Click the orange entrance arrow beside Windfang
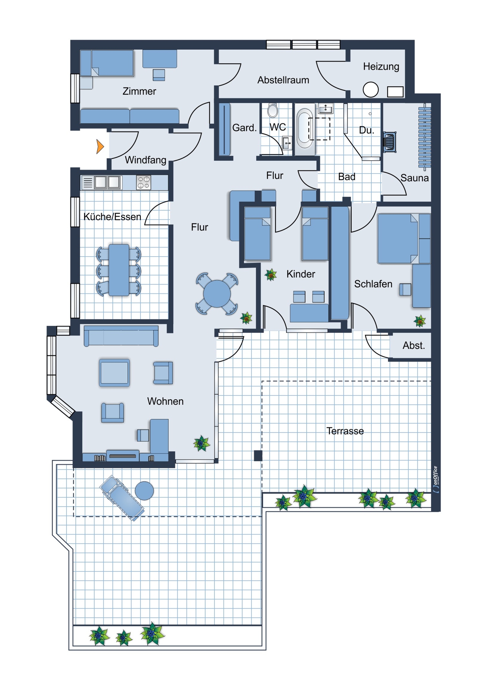tap(100, 146)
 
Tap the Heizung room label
tap(381, 67)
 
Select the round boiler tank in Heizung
tap(371, 90)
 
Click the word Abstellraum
tap(283, 80)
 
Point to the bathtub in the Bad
tap(304, 129)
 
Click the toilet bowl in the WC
tap(273, 111)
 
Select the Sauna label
tap(415, 178)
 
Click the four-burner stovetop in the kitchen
tap(144, 182)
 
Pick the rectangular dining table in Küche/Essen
tap(119, 270)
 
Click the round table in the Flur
tap(217, 294)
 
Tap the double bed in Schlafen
tap(397, 238)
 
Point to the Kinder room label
tap(301, 274)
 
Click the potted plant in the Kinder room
tap(271, 275)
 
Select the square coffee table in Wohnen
tap(114, 373)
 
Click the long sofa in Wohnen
tap(121, 336)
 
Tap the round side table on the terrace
tap(144, 491)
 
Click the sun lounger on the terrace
tap(122, 498)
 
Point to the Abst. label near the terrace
tap(414, 346)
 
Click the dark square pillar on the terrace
tap(258, 455)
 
